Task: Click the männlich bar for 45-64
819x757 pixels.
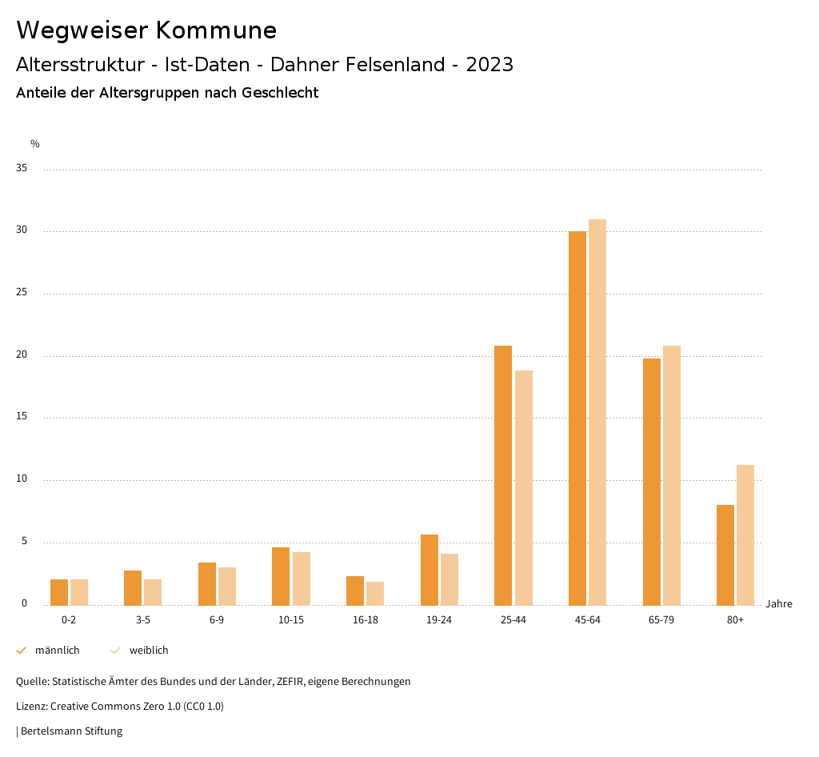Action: (x=577, y=418)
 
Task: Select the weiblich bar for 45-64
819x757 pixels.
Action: (x=597, y=412)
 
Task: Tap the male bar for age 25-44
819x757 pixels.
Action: (x=503, y=475)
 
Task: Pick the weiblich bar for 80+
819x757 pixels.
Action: (x=745, y=535)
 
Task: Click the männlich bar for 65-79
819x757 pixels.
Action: (x=652, y=482)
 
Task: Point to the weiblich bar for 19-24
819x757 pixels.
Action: (x=449, y=579)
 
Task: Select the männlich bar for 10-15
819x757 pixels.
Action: (x=281, y=576)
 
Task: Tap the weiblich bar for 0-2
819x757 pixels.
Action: (x=79, y=592)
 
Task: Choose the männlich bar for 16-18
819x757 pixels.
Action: (x=355, y=591)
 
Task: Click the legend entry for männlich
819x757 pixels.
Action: (x=57, y=651)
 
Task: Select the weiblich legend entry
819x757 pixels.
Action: (x=149, y=651)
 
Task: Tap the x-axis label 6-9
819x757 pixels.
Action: (x=217, y=620)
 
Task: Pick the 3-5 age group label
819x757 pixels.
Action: (x=143, y=620)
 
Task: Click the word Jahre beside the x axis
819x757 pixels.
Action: (x=779, y=604)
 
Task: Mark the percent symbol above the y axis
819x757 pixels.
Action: (x=35, y=144)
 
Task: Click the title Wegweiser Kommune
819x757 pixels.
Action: (x=146, y=30)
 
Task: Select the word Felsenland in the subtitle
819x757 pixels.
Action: (x=397, y=65)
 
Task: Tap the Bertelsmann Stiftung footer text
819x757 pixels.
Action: (x=70, y=731)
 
